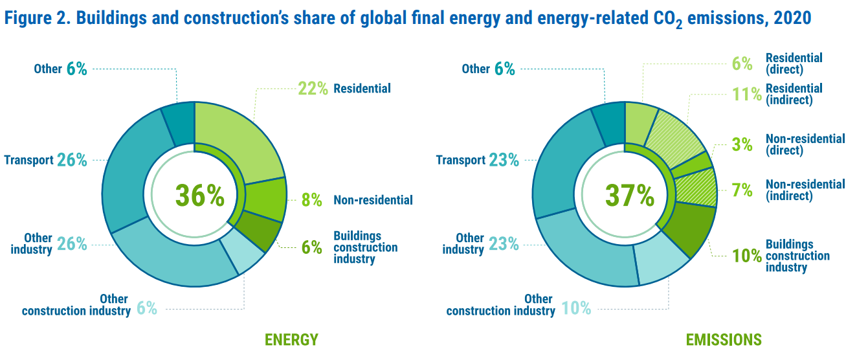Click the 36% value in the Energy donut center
point(199,195)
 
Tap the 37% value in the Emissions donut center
point(629,195)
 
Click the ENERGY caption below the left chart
point(291,340)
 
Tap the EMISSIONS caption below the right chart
point(724,340)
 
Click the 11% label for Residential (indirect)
point(747,95)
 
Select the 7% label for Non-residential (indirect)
point(742,190)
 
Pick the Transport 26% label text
point(45,160)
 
